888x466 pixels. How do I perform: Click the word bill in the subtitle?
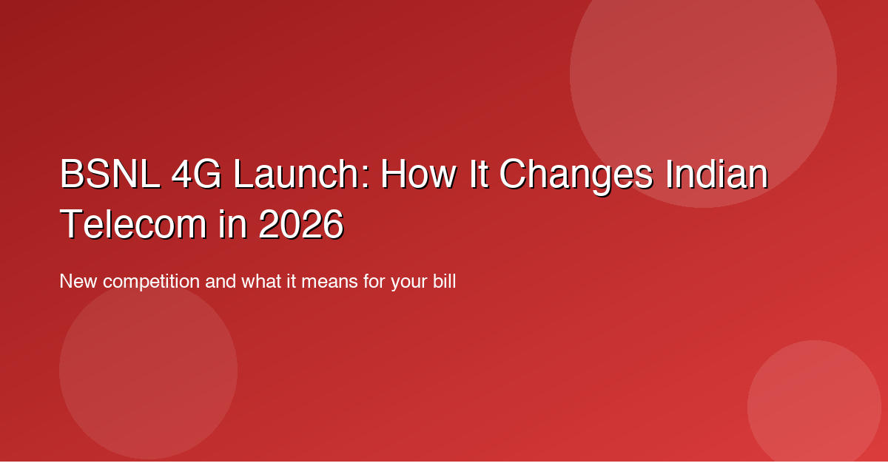pyautogui.click(x=443, y=282)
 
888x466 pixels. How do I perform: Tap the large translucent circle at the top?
pyautogui.click(x=703, y=74)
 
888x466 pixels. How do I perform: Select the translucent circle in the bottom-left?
pyautogui.click(x=148, y=370)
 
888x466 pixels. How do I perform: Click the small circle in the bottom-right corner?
pyautogui.click(x=814, y=407)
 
